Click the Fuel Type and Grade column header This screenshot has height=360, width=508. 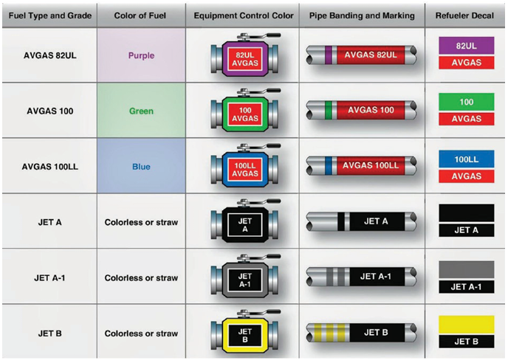click(50, 15)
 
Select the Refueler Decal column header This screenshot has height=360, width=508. click(464, 15)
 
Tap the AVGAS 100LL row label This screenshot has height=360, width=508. click(50, 167)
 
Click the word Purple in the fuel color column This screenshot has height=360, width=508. click(141, 55)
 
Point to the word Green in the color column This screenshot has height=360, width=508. click(141, 111)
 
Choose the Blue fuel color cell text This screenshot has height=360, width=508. click(141, 167)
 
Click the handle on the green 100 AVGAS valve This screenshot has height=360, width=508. click(259, 91)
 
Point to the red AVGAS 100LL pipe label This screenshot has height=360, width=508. click(371, 166)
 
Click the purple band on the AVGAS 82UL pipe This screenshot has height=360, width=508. click(329, 55)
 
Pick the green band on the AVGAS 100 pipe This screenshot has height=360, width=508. click(329, 111)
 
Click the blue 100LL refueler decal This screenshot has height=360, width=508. click(467, 159)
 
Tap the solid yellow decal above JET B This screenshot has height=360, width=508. click(467, 325)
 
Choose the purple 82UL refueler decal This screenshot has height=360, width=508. click(467, 46)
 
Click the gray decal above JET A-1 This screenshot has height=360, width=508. click(467, 270)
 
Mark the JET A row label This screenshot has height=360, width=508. click(50, 222)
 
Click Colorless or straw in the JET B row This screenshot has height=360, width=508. click(141, 333)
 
